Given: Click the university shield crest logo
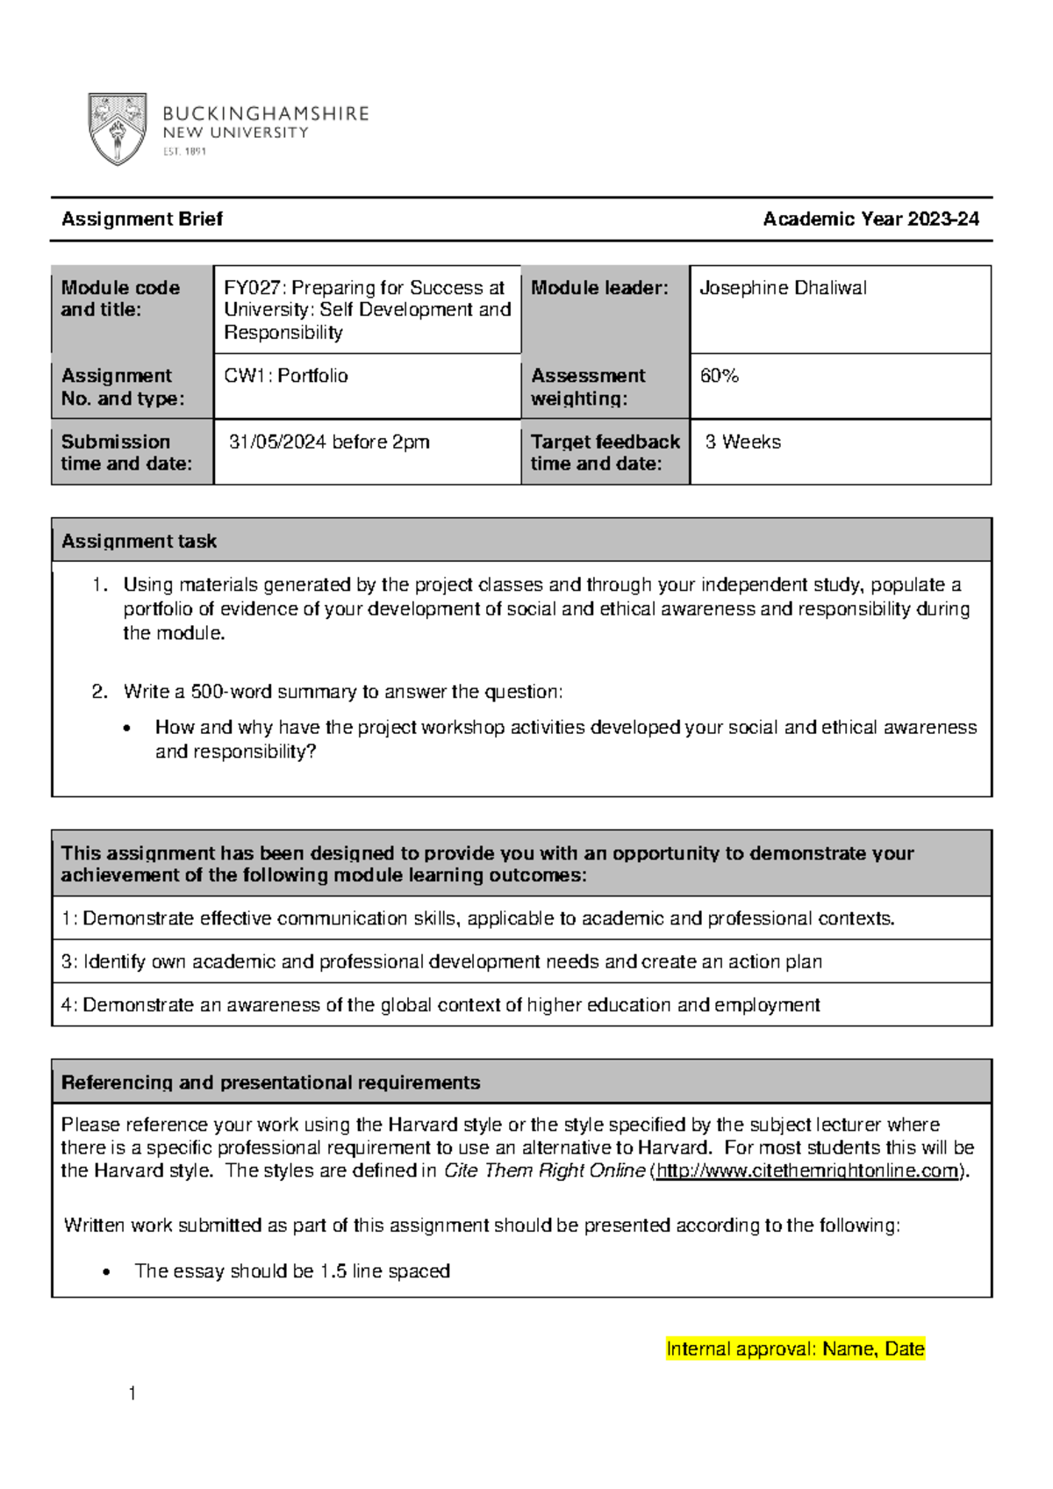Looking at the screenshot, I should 117,129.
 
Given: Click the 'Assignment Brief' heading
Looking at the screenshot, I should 141,219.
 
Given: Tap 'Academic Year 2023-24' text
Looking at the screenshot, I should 870,219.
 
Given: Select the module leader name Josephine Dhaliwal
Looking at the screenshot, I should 783,288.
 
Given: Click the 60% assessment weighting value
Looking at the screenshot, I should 720,376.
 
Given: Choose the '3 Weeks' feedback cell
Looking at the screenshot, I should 742,442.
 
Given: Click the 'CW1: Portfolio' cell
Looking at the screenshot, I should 286,376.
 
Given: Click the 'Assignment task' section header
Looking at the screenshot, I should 139,541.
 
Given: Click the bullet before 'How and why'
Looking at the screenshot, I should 128,728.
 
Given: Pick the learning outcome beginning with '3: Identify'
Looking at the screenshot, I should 441,961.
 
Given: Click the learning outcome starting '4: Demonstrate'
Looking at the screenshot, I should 441,1004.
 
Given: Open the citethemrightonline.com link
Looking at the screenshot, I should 807,1171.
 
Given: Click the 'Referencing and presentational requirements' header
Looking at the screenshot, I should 270,1083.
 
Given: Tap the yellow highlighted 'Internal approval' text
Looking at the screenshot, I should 795,1349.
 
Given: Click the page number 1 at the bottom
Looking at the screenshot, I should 132,1393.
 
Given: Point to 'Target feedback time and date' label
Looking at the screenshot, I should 605,452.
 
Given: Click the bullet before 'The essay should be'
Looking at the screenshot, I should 107,1272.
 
